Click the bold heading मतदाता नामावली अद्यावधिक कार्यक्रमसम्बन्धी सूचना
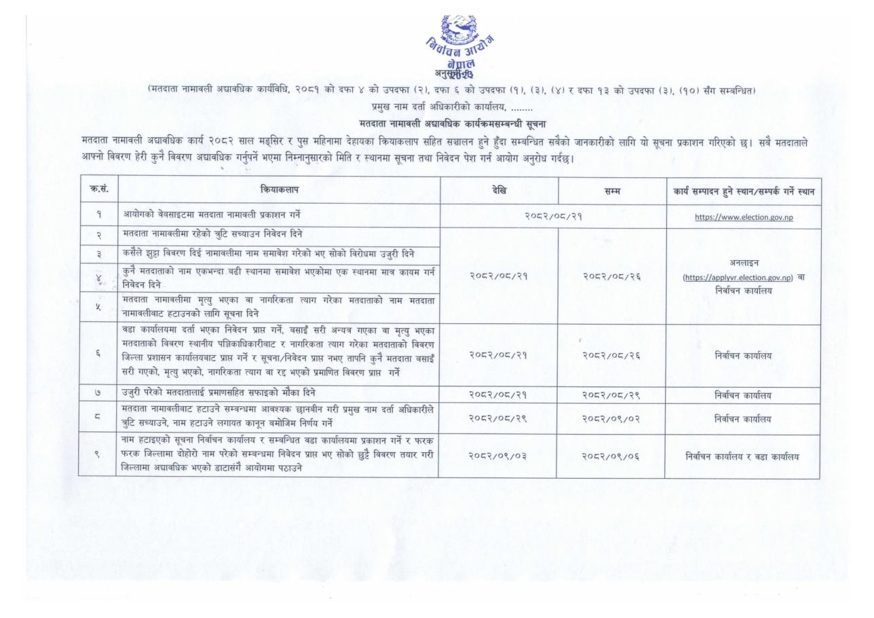453,123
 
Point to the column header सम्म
611,192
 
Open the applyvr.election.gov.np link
738,277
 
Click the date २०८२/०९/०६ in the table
611,456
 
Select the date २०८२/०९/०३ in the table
499,456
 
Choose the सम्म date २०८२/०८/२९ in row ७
611,394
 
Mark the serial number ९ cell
98,456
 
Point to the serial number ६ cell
98,355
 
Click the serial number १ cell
98,217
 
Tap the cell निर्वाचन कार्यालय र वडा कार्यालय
742,456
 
